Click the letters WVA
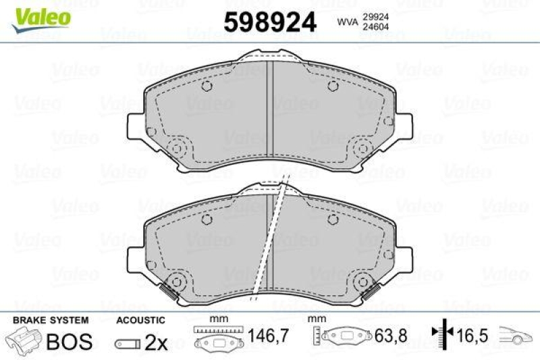point(348,22)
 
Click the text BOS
point(69,341)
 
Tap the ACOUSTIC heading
point(140,319)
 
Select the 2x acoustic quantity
point(157,342)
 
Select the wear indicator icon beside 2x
point(128,343)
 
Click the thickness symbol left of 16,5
point(441,333)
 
